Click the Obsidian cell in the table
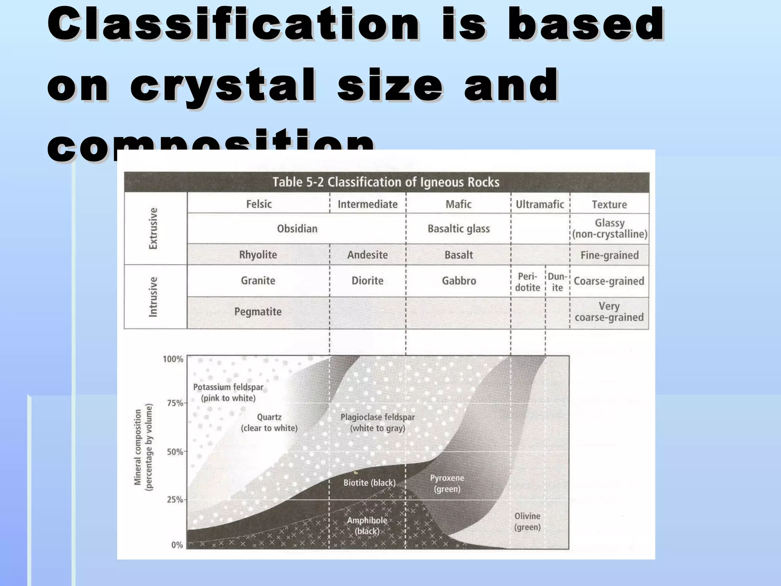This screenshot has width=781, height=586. point(297,229)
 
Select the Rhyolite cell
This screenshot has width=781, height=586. point(258,255)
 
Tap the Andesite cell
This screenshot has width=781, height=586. point(367,255)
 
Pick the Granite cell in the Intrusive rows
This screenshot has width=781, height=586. point(258,281)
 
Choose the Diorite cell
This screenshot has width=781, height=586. point(367,281)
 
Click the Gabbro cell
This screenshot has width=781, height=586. point(459,281)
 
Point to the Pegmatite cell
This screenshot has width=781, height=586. point(258,312)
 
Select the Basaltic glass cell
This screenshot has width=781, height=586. point(459,229)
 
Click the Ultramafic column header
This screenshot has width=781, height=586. point(540,204)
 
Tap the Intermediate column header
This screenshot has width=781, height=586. point(367,204)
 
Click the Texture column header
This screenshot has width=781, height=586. point(609,204)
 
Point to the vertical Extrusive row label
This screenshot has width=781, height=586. point(153,229)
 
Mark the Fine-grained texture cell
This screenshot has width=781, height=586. point(609,255)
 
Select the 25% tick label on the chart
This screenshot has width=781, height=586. point(175,500)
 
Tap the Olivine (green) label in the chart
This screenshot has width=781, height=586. point(527,522)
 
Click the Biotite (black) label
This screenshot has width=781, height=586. point(369,483)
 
